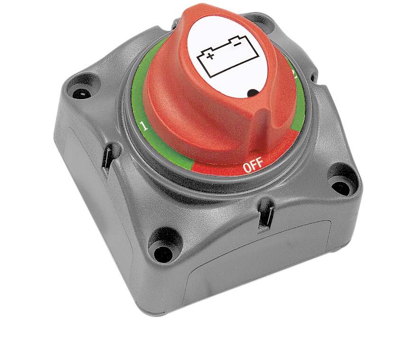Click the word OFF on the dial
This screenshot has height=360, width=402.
pyautogui.click(x=253, y=165)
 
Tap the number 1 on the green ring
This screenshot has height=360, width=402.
pyautogui.click(x=145, y=126)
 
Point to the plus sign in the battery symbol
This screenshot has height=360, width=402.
pyautogui.click(x=210, y=56)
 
